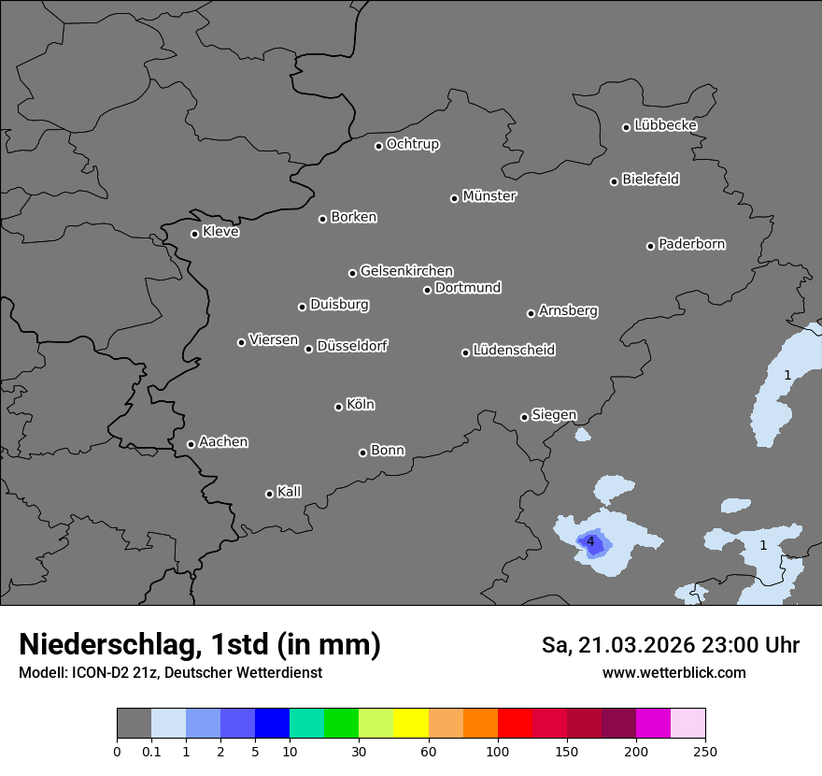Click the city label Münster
point(489,196)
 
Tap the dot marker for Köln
point(338,407)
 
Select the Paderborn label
point(691,244)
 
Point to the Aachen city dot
point(191,444)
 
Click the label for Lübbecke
point(665,125)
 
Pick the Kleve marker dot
point(194,234)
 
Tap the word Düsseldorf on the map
point(351,346)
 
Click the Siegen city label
point(554,415)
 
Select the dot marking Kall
point(269,494)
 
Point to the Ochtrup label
point(412,144)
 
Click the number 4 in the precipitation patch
point(590,541)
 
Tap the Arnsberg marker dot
point(531,313)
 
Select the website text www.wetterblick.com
point(673,672)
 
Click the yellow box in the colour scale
point(411,724)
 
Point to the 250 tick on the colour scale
point(705,751)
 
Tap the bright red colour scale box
point(515,724)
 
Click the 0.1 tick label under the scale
point(151,751)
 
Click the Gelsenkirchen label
point(406,271)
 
